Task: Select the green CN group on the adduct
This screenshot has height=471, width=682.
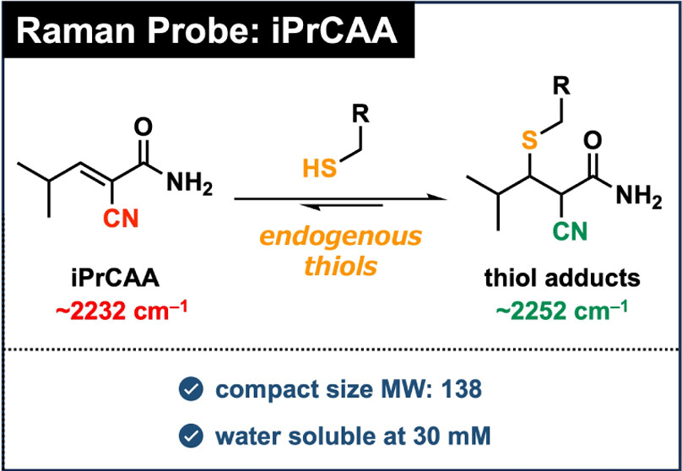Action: pos(570,229)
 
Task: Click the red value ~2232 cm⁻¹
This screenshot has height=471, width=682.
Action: pos(122,309)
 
